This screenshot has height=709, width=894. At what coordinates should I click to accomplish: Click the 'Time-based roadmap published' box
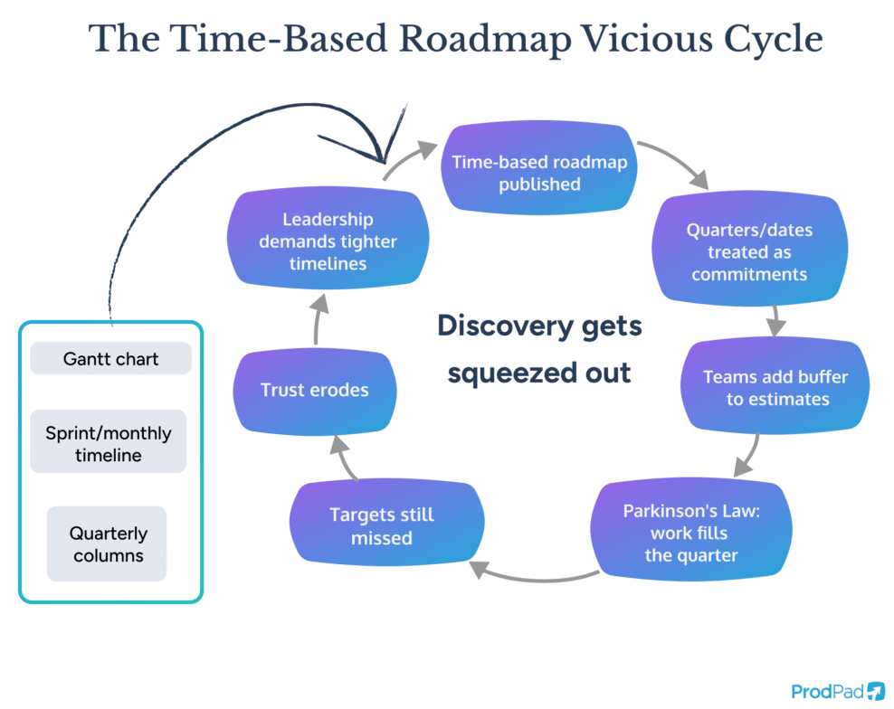coord(539,173)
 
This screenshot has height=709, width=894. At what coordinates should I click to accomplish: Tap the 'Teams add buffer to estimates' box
coord(775,388)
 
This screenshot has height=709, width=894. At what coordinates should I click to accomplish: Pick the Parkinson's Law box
coord(690,533)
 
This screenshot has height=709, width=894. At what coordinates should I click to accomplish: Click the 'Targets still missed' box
coord(381,526)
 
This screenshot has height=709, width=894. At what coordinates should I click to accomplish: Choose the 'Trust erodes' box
coord(314,390)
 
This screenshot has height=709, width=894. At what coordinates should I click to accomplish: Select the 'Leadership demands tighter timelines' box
coord(327,241)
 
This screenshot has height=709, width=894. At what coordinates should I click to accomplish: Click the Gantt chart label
coord(110,359)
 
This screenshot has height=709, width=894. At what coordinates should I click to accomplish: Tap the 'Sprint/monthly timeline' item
coord(108,443)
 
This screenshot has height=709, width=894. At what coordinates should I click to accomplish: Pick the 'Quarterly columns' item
coord(107,544)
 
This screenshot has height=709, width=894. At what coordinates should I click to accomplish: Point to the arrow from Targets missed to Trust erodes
coord(342,457)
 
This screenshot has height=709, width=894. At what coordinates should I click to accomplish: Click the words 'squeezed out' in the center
coord(539,372)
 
